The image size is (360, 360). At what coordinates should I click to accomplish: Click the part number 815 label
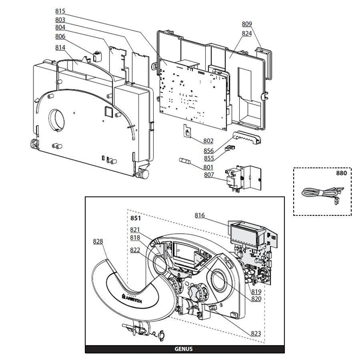coord(60,11)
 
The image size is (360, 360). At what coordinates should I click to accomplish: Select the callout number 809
coord(247,24)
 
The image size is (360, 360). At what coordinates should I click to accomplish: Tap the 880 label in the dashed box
coord(341,173)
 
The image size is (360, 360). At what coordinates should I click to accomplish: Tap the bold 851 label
coord(135,218)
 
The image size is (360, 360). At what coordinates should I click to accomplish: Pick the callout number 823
coord(256,334)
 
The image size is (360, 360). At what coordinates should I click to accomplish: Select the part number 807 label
coord(209,175)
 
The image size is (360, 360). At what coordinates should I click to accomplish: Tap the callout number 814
coord(60,47)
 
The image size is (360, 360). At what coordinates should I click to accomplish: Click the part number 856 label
coord(209,151)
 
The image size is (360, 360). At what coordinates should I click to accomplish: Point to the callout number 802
coord(208,140)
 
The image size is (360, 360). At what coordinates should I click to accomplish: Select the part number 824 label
coord(247,33)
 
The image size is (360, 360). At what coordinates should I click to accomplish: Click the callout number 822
coord(135,250)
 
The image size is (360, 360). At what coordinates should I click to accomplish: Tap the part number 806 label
coord(60,37)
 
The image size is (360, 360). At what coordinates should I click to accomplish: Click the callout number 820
coord(256,299)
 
